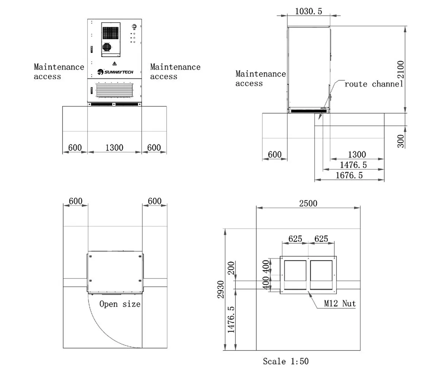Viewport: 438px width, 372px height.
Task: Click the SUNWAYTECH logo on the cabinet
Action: coord(115,72)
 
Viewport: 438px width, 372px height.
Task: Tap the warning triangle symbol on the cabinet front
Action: coord(115,63)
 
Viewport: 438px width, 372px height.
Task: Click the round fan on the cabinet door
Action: coord(107,47)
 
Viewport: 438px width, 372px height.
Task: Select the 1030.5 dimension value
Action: coord(308,11)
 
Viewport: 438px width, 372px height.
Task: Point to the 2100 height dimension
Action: coord(401,69)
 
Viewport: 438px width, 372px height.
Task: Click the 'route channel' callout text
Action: coord(374,84)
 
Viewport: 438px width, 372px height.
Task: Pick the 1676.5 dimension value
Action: coord(349,175)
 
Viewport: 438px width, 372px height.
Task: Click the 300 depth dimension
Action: coord(400,141)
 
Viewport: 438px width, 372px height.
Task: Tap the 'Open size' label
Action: coord(120,304)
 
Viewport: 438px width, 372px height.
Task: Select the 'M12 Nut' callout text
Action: coord(340,303)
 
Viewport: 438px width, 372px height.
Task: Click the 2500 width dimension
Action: coord(308,204)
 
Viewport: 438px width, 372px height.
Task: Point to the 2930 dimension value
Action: coord(220,290)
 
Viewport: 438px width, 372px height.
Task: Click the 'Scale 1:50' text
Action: coord(286,361)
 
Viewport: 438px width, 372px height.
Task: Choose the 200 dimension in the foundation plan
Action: coord(231,268)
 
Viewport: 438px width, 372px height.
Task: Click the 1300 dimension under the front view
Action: coord(114,148)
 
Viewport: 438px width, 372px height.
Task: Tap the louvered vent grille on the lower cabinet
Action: coord(115,90)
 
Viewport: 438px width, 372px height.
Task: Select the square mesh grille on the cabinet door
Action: coord(111,33)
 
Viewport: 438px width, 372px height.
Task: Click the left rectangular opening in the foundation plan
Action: coord(295,275)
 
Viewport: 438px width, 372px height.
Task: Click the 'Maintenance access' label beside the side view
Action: coord(261,78)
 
